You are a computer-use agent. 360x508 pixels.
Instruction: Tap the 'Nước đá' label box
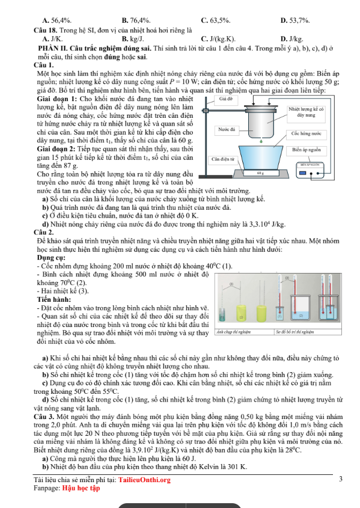pos(227,129)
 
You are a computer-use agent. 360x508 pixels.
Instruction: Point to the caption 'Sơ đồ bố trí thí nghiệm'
pos(295,331)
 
